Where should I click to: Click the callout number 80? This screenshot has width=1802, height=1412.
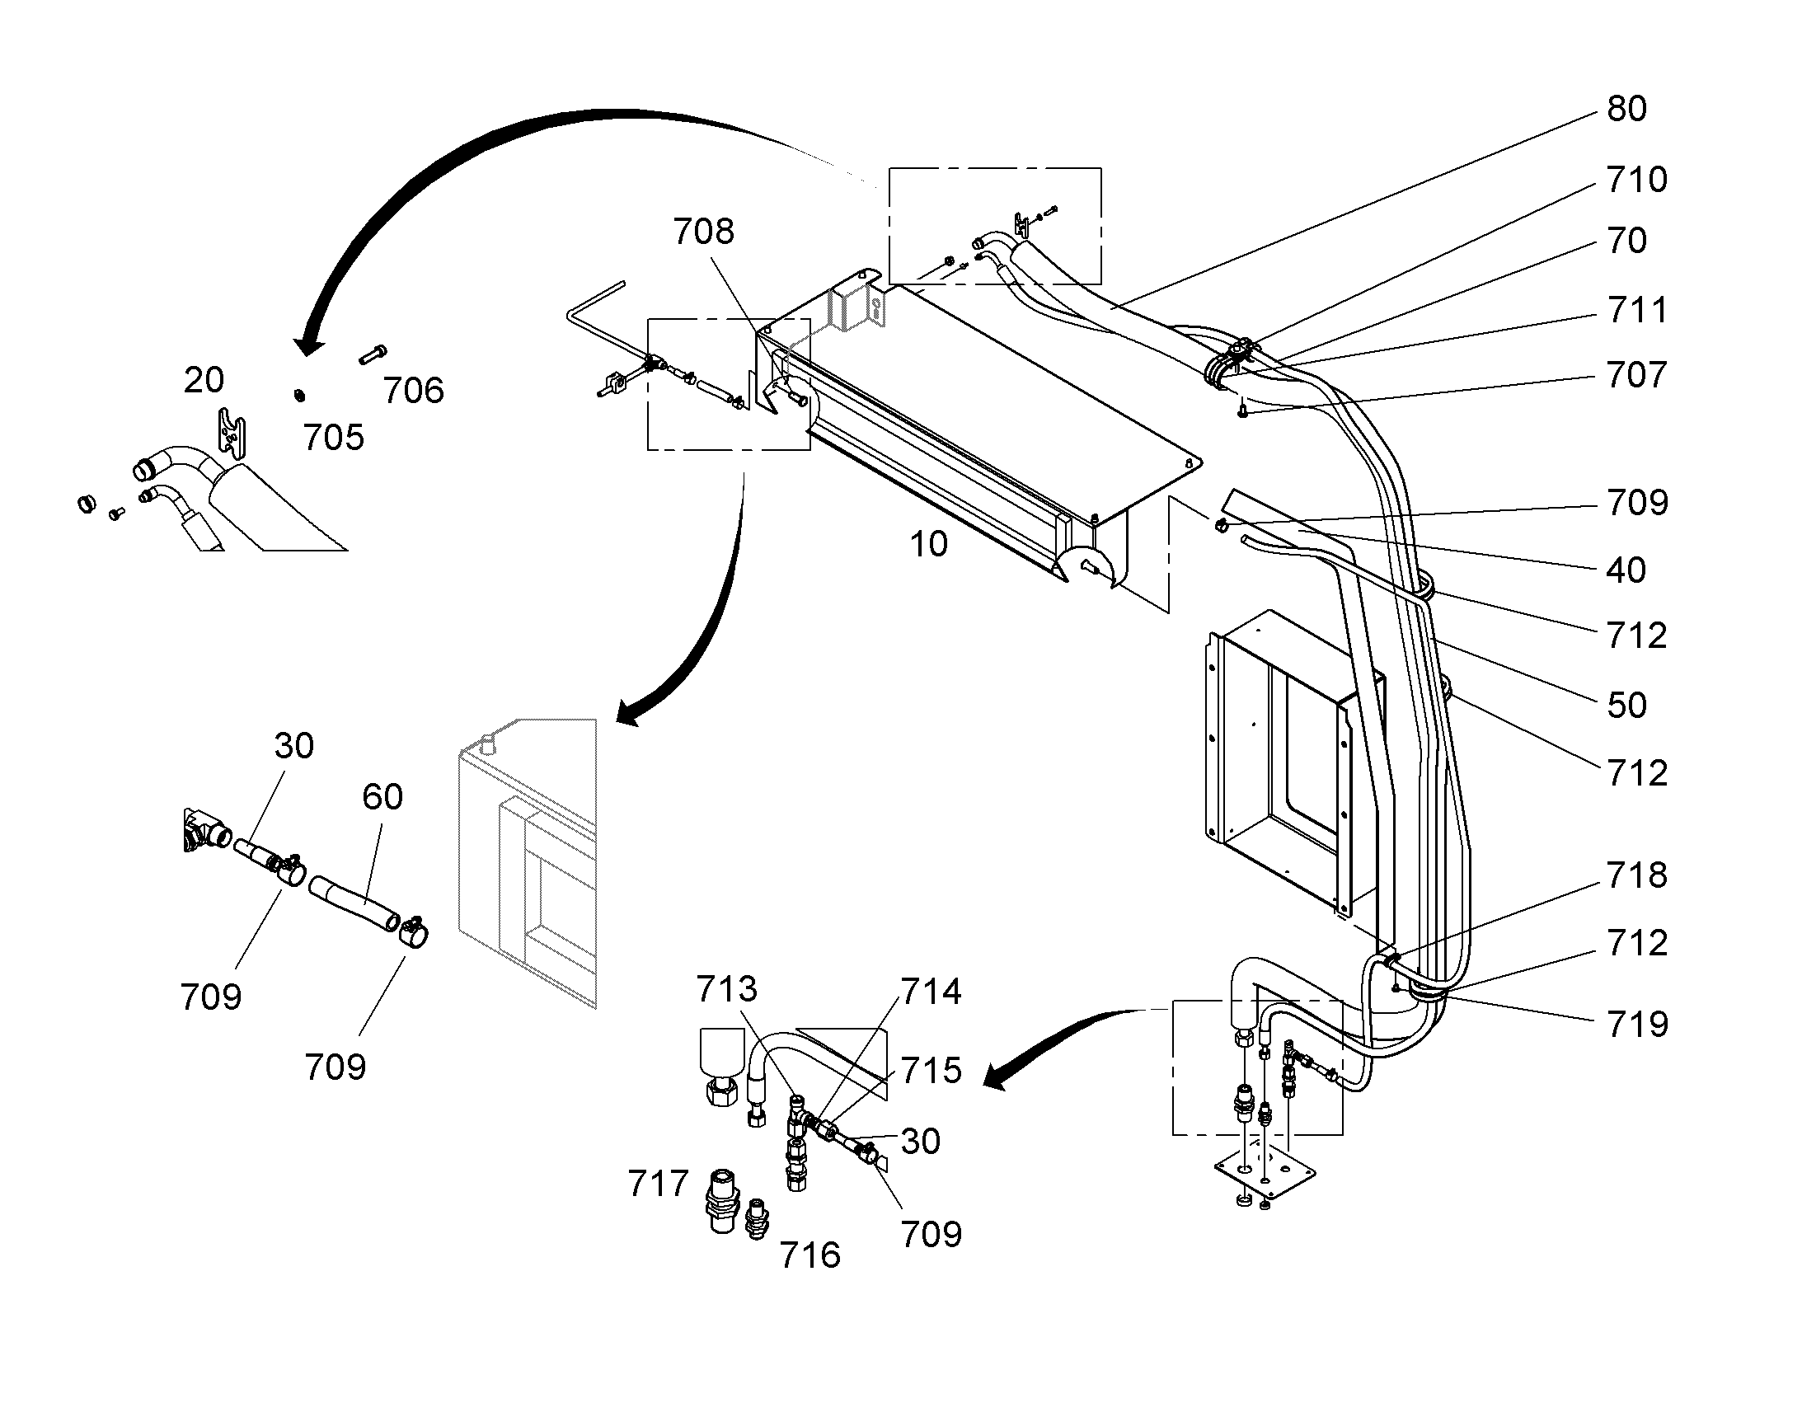[x=1626, y=109]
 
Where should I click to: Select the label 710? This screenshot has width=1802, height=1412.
[x=1636, y=180]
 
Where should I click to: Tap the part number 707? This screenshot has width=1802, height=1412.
[x=1636, y=375]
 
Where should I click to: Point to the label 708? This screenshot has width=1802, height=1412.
[x=703, y=232]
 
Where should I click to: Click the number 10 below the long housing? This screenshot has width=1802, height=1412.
[x=928, y=544]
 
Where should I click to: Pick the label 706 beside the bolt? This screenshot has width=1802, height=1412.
[x=413, y=390]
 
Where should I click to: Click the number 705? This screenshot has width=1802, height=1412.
[x=334, y=438]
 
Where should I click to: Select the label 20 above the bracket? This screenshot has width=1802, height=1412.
[x=204, y=380]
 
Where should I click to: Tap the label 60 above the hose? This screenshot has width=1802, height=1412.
[x=382, y=797]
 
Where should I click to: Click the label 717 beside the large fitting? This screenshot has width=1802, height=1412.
[x=658, y=1184]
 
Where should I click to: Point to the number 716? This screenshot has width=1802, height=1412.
[x=810, y=1255]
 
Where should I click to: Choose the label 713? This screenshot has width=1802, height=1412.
[x=726, y=989]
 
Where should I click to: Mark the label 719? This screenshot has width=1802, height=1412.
[x=1636, y=1025]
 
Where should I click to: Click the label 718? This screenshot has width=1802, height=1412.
[x=1636, y=875]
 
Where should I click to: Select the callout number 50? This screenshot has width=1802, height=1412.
[x=1626, y=705]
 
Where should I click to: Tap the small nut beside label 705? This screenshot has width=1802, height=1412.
[x=299, y=395]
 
